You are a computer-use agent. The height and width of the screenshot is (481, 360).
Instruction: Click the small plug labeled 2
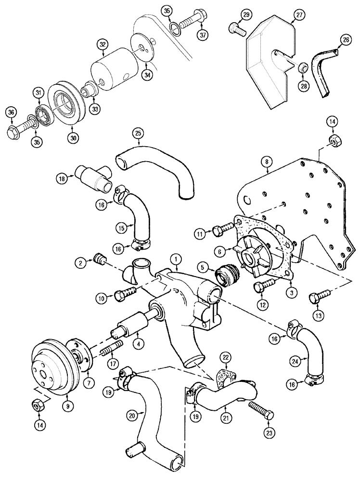(x=100, y=260)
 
